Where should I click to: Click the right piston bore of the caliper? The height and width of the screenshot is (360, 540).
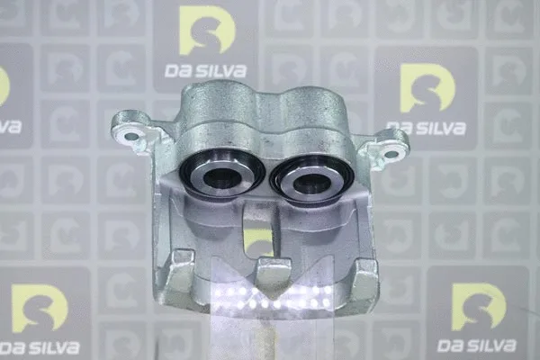tap(309, 179)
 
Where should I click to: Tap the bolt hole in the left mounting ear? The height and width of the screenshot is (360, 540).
tap(132, 137)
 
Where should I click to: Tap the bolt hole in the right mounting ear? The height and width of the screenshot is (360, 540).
tap(391, 154)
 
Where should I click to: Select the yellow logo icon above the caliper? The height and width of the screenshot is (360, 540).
tap(207, 31)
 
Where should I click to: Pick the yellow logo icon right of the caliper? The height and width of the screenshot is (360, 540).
tap(427, 88)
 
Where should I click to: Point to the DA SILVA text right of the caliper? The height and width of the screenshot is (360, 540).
tap(426, 128)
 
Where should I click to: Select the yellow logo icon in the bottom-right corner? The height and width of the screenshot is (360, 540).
tap(477, 307)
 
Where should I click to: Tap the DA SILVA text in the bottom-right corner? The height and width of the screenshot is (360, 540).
tap(477, 346)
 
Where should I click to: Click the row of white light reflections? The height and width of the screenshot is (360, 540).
tap(270, 298)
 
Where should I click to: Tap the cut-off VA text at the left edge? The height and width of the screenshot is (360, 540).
tap(9, 127)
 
